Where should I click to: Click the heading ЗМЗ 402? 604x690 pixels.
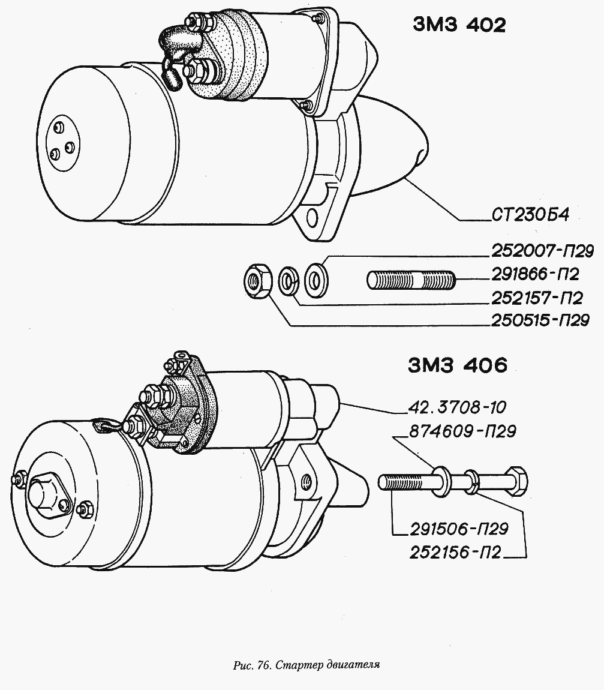(x=459, y=25)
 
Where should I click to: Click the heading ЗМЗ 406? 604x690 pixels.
(x=458, y=365)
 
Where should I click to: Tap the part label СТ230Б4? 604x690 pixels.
(x=530, y=215)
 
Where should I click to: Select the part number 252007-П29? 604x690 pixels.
(x=542, y=251)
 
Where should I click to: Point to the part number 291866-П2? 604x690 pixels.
(x=536, y=274)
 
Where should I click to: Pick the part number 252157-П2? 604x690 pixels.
(x=537, y=298)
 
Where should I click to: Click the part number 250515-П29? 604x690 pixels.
(x=540, y=320)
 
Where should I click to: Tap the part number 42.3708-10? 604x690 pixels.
(x=457, y=407)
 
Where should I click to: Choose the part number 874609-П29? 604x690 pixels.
(x=462, y=431)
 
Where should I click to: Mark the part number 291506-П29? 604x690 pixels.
(x=459, y=529)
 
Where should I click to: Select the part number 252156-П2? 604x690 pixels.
(x=455, y=552)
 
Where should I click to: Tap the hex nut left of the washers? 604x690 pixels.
(x=258, y=280)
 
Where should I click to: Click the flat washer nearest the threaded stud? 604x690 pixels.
(x=316, y=279)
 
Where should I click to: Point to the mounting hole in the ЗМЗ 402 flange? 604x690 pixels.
(x=312, y=217)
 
